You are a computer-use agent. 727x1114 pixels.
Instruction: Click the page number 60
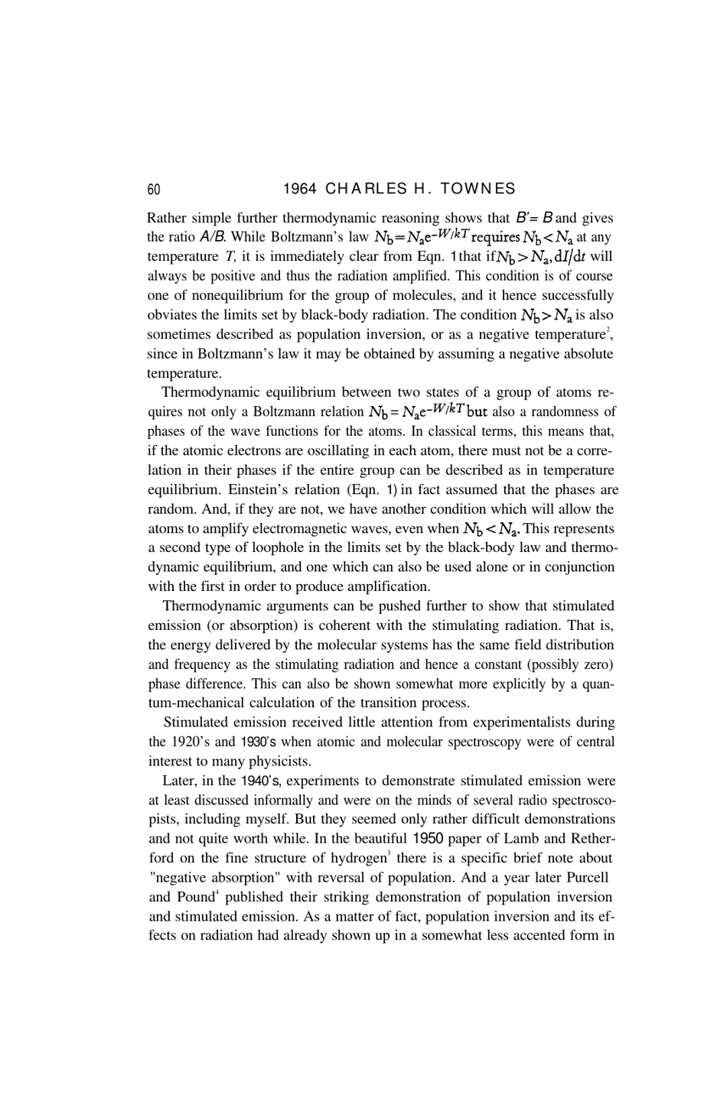coord(154,189)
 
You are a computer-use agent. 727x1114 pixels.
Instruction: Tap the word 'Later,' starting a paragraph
coord(180,781)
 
